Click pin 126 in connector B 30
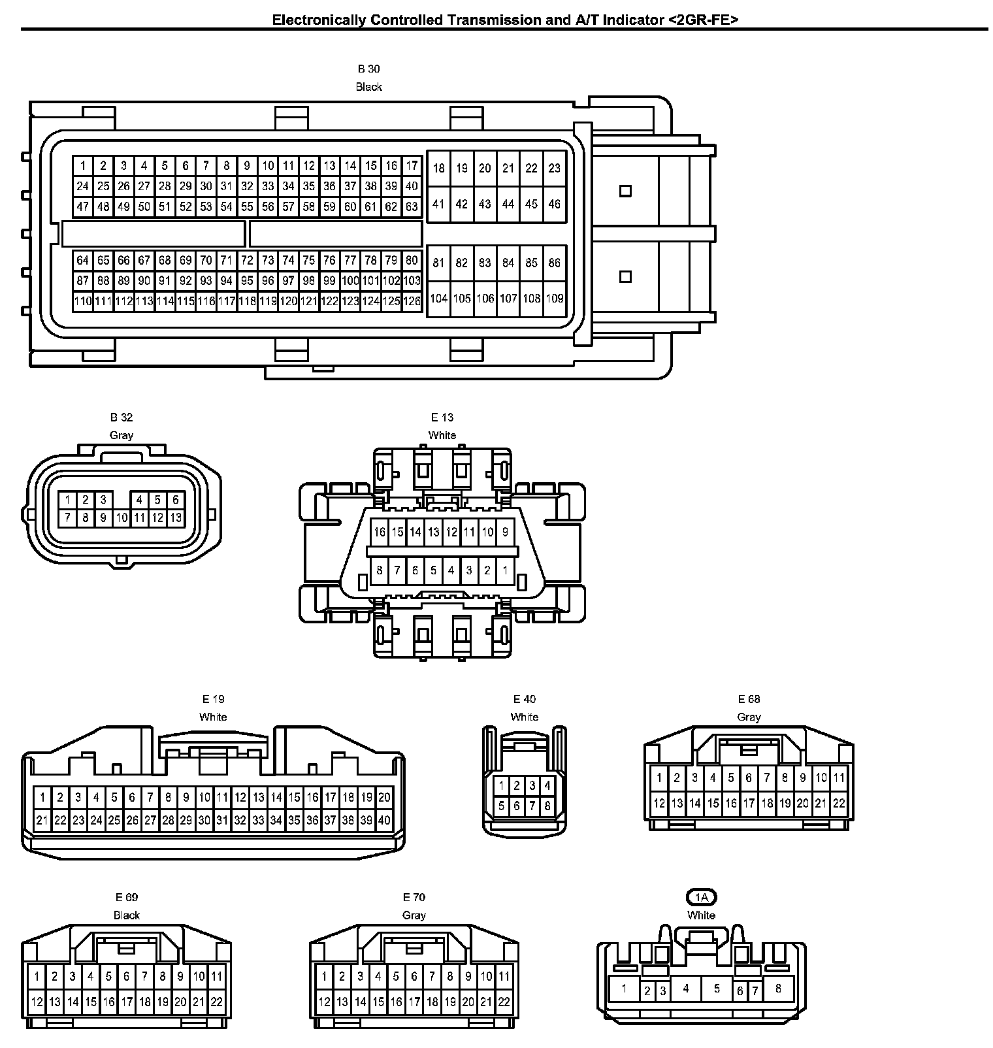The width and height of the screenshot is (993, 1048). coord(412,301)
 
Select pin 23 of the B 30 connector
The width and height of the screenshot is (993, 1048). coord(554,169)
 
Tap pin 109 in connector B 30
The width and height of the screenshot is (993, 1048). coord(554,299)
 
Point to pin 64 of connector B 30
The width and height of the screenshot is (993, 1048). coord(82,260)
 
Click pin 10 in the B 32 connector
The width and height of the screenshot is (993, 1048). coord(121,518)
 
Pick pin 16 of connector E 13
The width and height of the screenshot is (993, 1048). coord(380,532)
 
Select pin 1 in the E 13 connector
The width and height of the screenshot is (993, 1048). coord(505,570)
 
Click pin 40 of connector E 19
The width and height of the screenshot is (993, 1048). coord(384,820)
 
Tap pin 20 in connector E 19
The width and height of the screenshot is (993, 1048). coord(384,797)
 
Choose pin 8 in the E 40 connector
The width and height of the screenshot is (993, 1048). coord(547,806)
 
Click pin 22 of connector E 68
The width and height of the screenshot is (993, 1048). coord(839,803)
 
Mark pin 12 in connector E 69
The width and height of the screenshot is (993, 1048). coord(37,1002)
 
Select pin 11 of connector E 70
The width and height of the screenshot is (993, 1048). coord(504,977)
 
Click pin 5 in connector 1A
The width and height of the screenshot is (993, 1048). coord(717,989)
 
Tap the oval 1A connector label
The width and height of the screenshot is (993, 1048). coord(702,897)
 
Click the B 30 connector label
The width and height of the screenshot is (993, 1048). coord(368,69)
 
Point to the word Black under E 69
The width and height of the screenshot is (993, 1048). coord(127,915)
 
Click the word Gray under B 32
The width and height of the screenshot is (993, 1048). coord(122,435)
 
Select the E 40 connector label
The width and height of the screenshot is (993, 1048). coord(524,699)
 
